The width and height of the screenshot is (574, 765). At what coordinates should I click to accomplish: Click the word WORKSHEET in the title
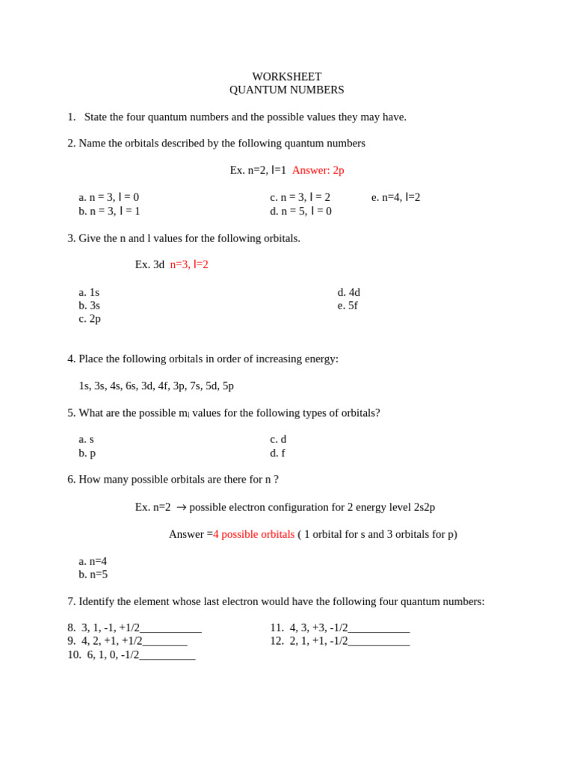[x=286, y=77]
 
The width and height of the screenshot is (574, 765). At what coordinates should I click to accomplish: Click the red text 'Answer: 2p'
[x=318, y=170]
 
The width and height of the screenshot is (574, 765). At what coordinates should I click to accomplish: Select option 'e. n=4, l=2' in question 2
[x=395, y=197]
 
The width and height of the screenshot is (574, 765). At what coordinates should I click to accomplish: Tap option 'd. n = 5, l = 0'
[x=300, y=211]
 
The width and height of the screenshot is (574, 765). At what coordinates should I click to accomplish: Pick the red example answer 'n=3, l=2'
[x=189, y=264]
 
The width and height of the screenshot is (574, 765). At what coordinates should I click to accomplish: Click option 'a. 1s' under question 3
[x=89, y=292]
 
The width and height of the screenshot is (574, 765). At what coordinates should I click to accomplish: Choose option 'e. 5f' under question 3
[x=348, y=306]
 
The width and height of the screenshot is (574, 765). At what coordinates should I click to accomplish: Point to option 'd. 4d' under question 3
[x=348, y=292]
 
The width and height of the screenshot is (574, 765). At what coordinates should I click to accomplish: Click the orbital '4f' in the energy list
[x=164, y=386]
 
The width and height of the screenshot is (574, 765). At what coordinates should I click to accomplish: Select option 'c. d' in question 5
[x=278, y=439]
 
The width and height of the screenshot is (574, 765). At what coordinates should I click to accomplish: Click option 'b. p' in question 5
[x=87, y=453]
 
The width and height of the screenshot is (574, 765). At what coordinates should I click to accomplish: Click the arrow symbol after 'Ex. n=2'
[x=181, y=507]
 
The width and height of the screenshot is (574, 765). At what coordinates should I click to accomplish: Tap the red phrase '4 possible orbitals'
[x=253, y=534]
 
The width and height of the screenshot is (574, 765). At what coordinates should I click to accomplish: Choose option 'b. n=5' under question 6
[x=93, y=574]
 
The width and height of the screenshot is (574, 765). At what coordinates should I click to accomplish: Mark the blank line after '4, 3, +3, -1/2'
[x=378, y=629]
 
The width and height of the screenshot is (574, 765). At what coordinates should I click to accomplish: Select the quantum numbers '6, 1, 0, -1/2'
[x=113, y=654]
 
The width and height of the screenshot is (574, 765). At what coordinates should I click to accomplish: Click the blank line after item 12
[x=378, y=642]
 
